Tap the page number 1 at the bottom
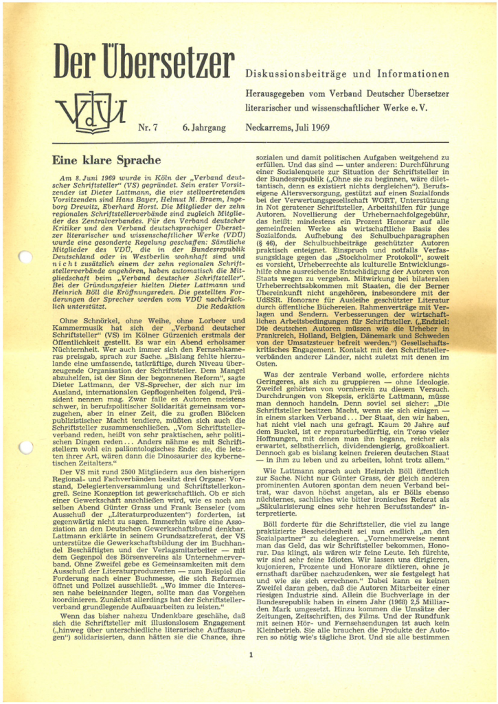(x=251, y=654)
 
